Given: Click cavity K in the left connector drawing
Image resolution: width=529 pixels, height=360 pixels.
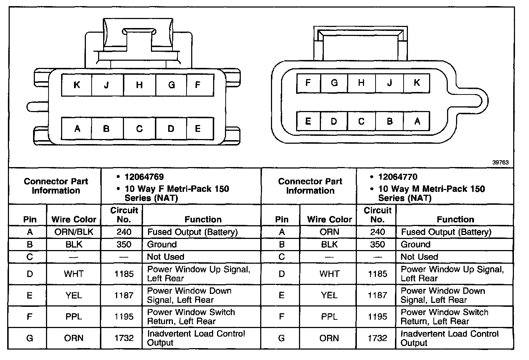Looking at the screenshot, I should click(x=77, y=85).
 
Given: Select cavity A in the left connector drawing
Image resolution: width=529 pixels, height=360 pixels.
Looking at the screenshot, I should click(x=77, y=128).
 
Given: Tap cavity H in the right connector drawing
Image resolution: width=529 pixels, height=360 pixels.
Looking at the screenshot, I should click(x=361, y=83).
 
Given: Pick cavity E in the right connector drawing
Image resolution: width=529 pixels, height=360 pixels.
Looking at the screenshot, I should click(x=308, y=121).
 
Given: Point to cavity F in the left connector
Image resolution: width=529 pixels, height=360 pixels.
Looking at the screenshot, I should click(x=198, y=85).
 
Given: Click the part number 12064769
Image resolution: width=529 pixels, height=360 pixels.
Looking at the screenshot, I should click(x=144, y=177).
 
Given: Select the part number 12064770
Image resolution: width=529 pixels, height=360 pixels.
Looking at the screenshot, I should click(x=398, y=177).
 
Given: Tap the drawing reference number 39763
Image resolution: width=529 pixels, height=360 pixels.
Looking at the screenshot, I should click(x=500, y=162).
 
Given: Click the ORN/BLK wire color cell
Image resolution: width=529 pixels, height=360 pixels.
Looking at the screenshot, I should click(x=74, y=232).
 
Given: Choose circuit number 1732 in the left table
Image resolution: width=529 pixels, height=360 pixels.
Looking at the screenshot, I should click(x=124, y=338).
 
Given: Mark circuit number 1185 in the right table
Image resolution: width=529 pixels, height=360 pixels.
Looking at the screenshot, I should click(x=377, y=274).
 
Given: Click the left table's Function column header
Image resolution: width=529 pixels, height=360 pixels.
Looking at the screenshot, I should click(x=203, y=219).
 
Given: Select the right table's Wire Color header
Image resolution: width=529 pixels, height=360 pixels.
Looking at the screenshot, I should click(x=329, y=219).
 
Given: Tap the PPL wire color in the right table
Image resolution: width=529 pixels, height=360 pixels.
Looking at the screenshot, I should click(x=329, y=317).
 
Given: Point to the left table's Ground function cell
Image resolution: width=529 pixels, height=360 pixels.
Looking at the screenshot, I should click(x=162, y=245).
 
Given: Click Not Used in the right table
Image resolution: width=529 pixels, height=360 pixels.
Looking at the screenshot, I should click(x=419, y=257).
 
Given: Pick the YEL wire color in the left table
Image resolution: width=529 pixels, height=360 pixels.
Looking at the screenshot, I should click(x=74, y=295).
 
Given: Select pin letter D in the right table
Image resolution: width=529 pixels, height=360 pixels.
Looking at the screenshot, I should click(x=282, y=274).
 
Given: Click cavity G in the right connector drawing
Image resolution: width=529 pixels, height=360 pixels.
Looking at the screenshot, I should click(x=334, y=83).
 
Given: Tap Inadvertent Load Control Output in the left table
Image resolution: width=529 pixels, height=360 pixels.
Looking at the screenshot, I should click(x=196, y=338).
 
